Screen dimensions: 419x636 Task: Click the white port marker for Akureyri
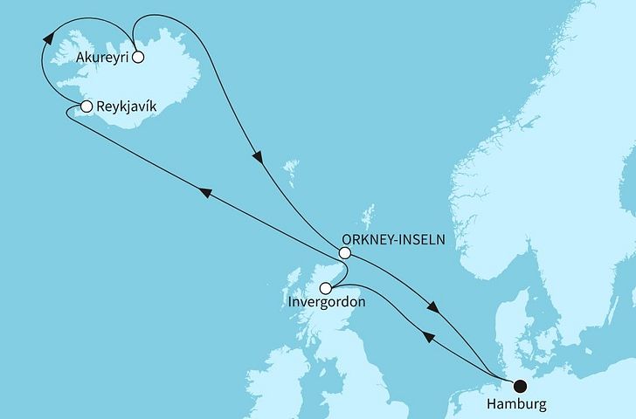pyautogui.click(x=137, y=59)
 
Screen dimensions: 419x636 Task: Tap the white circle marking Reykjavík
pyautogui.click(x=86, y=106)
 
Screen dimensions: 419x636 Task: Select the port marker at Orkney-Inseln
pyautogui.click(x=345, y=253)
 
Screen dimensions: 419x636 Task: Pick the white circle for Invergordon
pyautogui.click(x=326, y=288)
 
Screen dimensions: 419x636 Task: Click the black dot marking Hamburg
pyautogui.click(x=521, y=385)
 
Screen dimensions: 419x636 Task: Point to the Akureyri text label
pyautogui.click(x=97, y=59)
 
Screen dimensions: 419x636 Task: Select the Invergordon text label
pyautogui.click(x=327, y=303)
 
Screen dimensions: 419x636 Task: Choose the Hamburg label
pyautogui.click(x=519, y=405)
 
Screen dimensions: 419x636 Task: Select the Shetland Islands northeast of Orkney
pyautogui.click(x=370, y=215)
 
